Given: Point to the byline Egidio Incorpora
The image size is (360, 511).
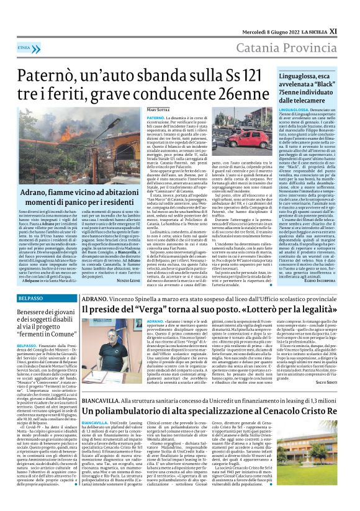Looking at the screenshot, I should click(x=335, y=263).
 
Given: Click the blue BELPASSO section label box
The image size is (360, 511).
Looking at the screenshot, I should click(x=26, y=282).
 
